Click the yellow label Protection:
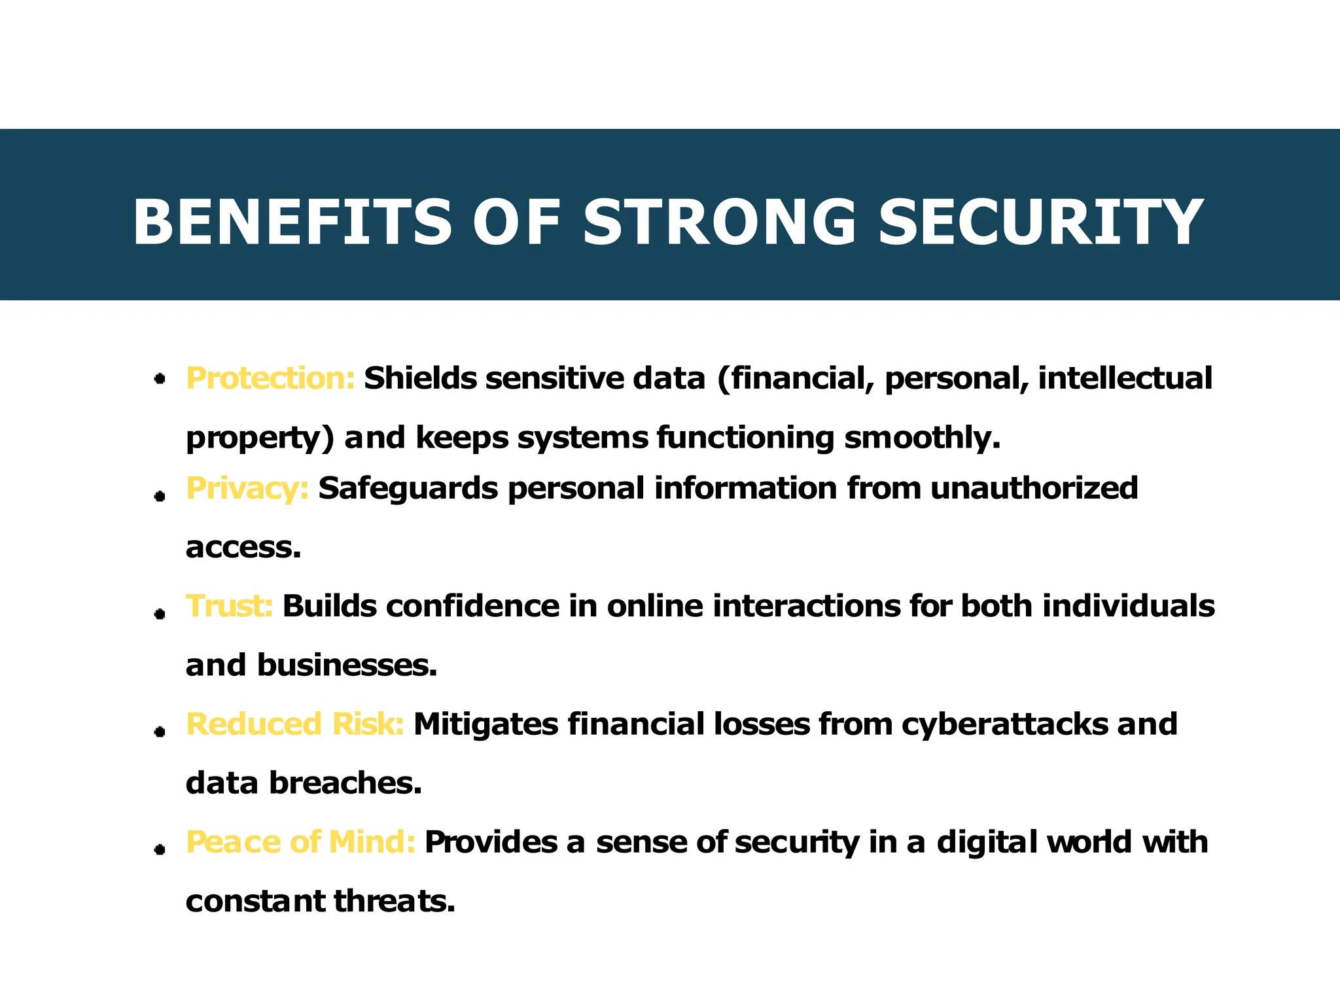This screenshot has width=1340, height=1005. pos(270,378)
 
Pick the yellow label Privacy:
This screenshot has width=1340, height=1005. pos(247,489)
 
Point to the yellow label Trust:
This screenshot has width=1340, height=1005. pos(229,606)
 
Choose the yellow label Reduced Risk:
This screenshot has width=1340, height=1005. pos(295,724)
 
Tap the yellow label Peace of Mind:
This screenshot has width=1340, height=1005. pos(300,842)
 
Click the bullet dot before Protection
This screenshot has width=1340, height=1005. pos(159,379)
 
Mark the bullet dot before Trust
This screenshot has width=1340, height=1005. pos(159,614)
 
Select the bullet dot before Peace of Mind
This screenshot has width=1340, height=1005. pos(159,849)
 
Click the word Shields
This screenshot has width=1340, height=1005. pos(421,378)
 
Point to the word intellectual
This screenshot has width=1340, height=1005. pos(1125,378)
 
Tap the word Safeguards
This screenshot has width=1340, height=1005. pos(408,489)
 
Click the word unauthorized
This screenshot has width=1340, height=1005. pos(1034,489)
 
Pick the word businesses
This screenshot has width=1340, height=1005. pos(347,665)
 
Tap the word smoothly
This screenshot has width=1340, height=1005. pos(922,438)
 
